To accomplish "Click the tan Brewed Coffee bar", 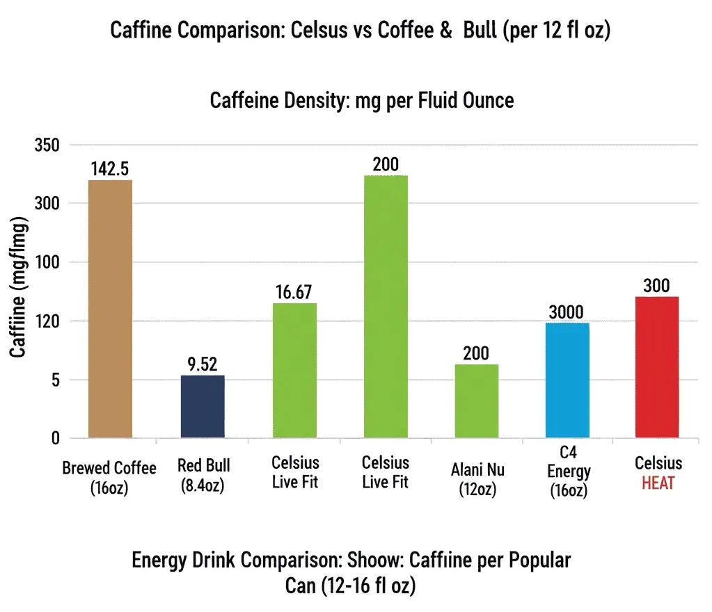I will point(111,309).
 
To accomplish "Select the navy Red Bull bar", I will point(203,406).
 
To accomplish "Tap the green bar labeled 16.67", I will point(295,370).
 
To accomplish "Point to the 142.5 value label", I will point(111,169).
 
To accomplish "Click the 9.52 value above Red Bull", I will point(203,364).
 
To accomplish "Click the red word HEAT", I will point(658,483).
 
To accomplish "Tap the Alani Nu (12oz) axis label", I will point(477,479).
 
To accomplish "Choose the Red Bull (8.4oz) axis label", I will point(203,476).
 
